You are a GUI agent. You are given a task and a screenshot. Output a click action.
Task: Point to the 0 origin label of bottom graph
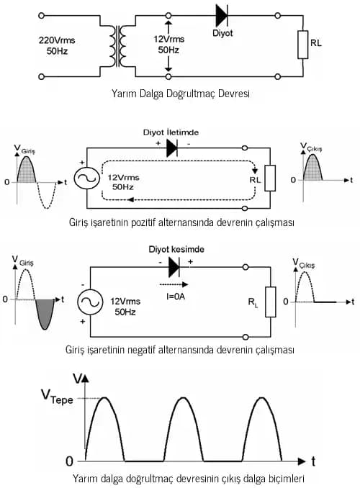pyautogui.click(x=69, y=460)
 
